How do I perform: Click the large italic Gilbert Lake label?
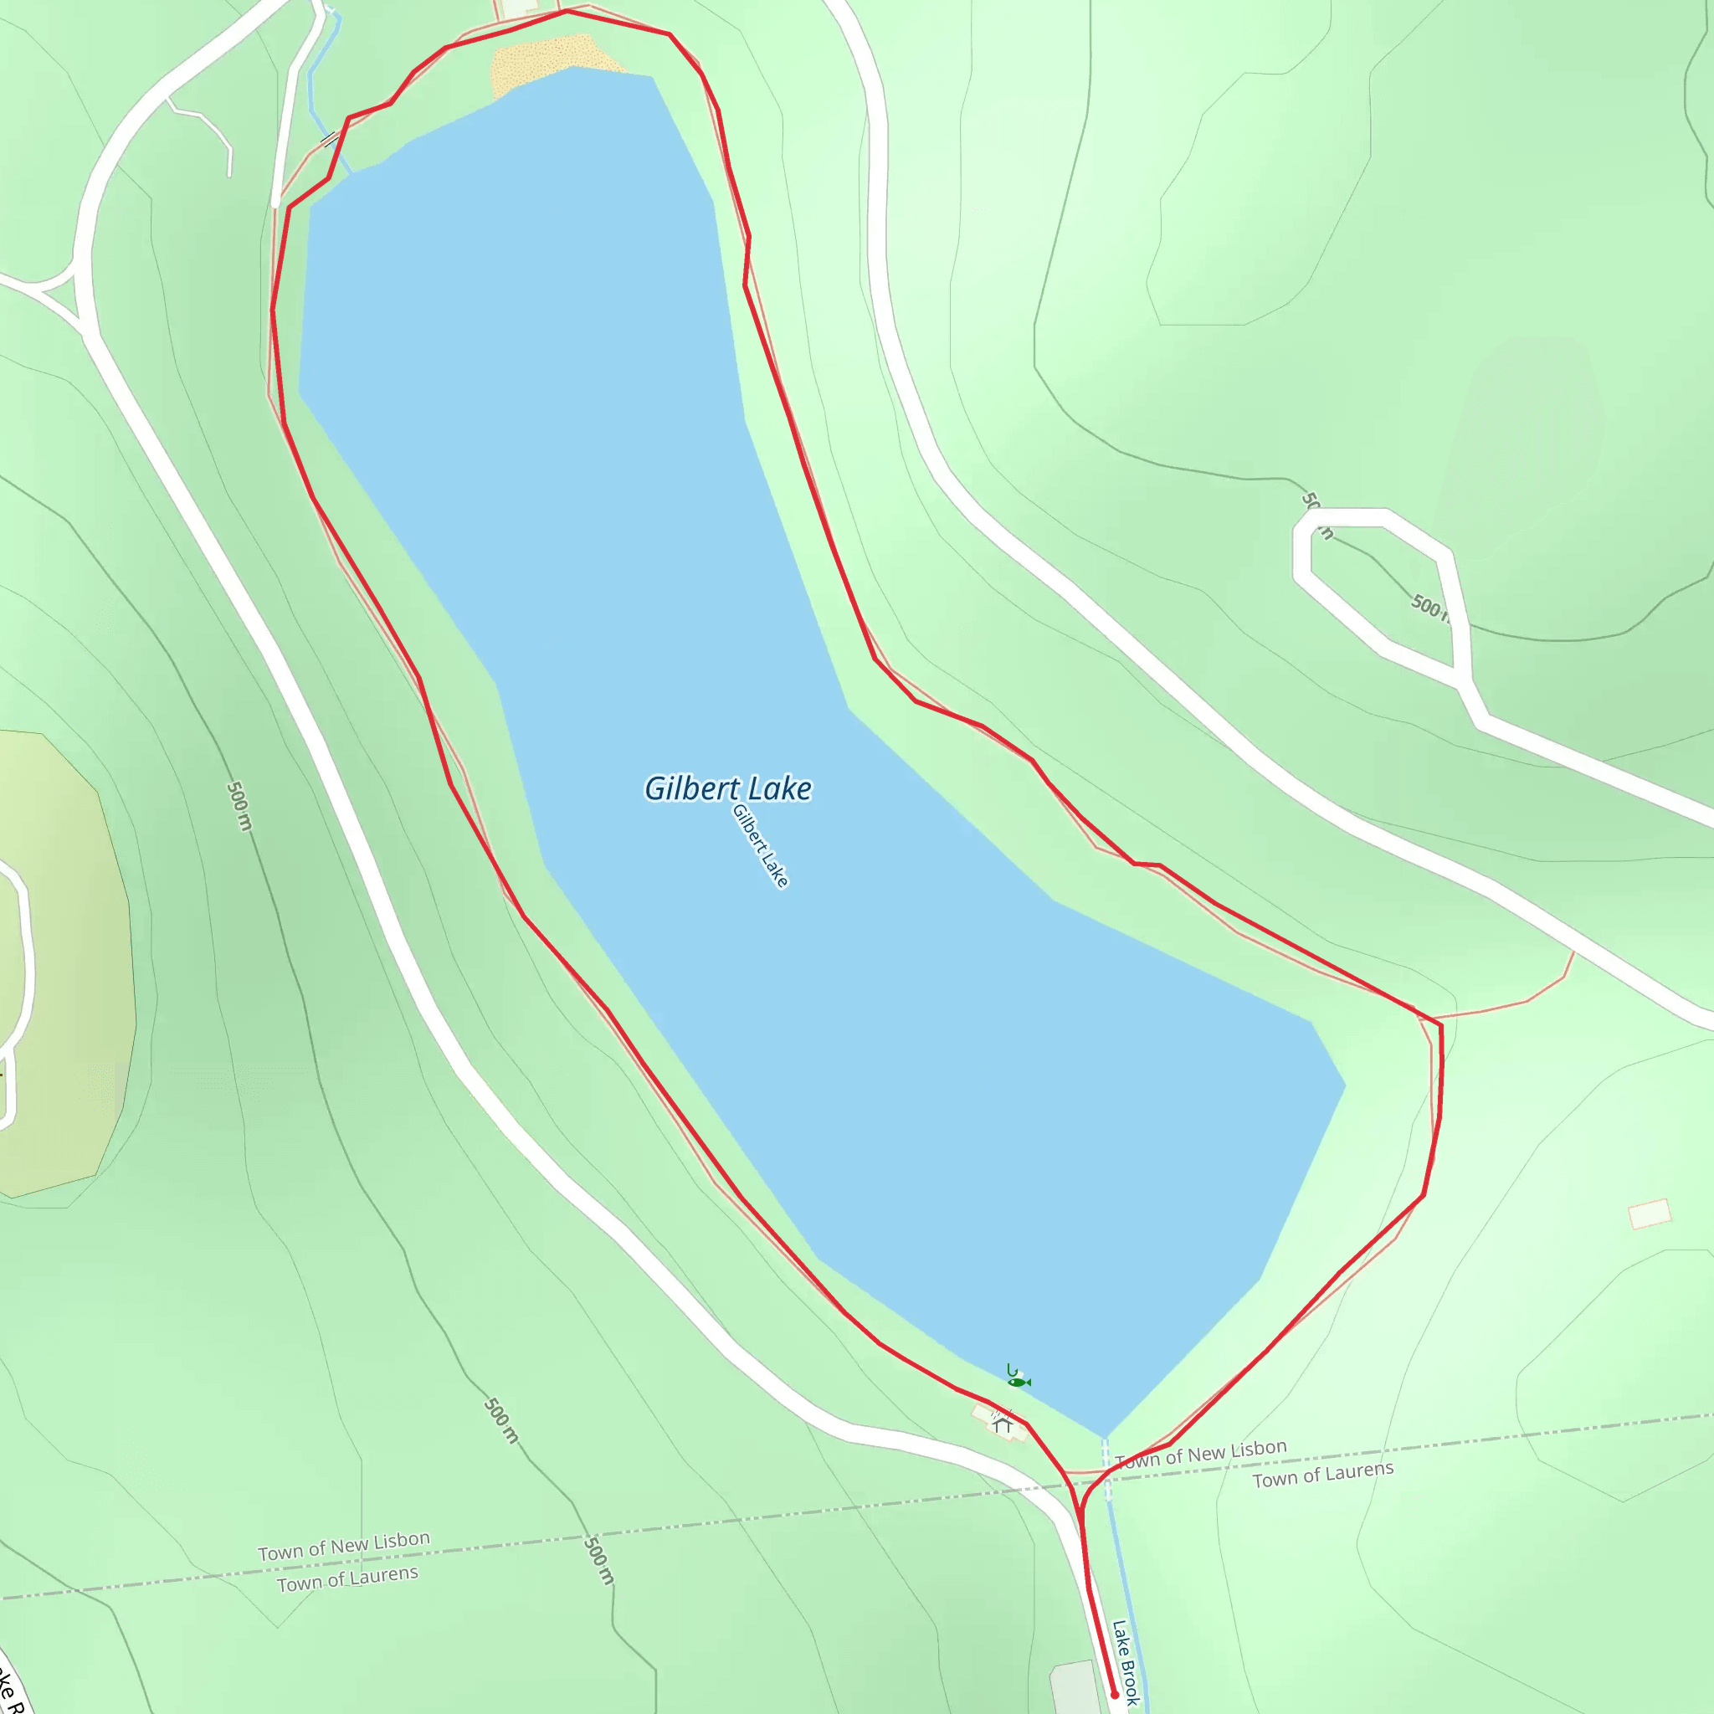click(727, 788)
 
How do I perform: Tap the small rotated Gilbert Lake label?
click(760, 845)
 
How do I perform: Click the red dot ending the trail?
click(1115, 1695)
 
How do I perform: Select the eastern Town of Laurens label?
click(1323, 1475)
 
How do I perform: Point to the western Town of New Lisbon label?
click(343, 1546)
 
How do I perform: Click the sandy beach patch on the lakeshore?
click(546, 62)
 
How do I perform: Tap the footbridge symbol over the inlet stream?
click(329, 139)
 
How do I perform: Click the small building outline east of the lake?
click(1650, 1214)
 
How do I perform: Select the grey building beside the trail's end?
click(1075, 1686)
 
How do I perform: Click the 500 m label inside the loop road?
click(1429, 608)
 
